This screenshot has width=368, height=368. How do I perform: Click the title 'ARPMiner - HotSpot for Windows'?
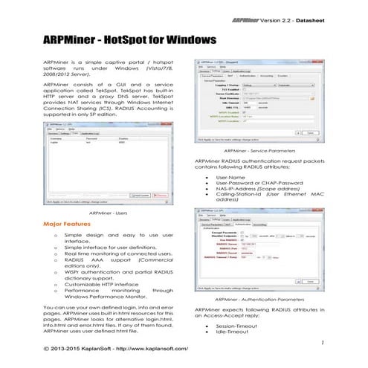coord(120,37)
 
